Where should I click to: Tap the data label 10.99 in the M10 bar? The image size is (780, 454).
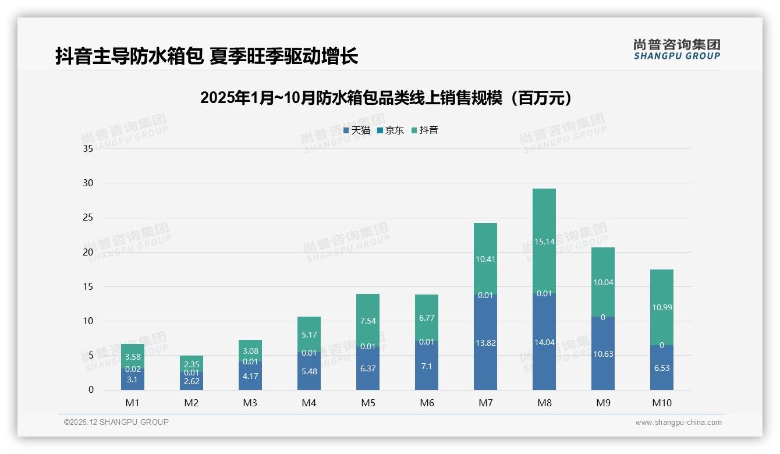[661, 307]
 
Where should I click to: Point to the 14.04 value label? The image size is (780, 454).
[544, 343]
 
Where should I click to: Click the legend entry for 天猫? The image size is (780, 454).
[357, 130]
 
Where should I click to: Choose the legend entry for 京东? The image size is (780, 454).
[391, 130]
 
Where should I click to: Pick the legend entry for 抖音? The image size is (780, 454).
[425, 130]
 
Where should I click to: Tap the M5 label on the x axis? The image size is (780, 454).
[368, 403]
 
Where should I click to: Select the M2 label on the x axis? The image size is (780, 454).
[192, 403]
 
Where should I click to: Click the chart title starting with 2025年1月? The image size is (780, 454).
[386, 98]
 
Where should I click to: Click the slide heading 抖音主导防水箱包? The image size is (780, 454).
[207, 56]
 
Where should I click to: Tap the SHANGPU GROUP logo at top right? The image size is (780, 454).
[676, 49]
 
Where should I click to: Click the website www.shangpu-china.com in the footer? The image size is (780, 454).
[678, 423]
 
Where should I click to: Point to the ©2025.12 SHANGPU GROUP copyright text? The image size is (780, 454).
[116, 422]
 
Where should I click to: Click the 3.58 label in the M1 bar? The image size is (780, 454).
[133, 357]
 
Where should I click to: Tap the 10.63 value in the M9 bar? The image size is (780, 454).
[603, 354]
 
